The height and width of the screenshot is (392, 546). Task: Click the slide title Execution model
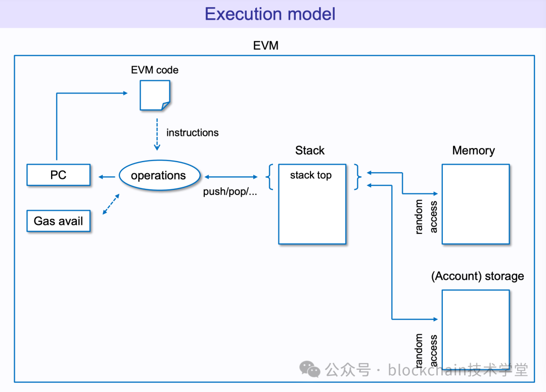(x=270, y=14)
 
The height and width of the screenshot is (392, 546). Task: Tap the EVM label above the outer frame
(x=265, y=45)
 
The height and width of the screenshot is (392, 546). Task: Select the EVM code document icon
(x=155, y=95)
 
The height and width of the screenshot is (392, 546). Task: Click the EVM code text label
(x=155, y=70)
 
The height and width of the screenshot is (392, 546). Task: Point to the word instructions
(x=192, y=133)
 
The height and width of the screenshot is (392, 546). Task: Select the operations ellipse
(x=159, y=176)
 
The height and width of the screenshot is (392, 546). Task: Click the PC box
(x=59, y=175)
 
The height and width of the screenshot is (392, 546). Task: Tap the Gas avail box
(x=59, y=221)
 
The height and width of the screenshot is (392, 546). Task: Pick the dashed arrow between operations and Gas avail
(x=111, y=204)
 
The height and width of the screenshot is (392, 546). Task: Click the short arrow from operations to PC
(x=107, y=176)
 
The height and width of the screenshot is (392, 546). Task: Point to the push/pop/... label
(x=230, y=192)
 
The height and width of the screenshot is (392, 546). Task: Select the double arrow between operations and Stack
(x=231, y=177)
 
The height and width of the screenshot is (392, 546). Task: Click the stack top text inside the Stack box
(x=310, y=176)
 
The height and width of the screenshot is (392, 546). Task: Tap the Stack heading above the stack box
(x=310, y=151)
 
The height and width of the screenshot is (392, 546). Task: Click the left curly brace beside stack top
(x=269, y=177)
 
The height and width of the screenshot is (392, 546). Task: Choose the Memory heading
(x=473, y=151)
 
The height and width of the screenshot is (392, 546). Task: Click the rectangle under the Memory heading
(x=476, y=204)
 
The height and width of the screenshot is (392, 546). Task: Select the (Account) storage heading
(x=477, y=276)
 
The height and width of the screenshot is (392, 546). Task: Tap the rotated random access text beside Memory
(x=426, y=216)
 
